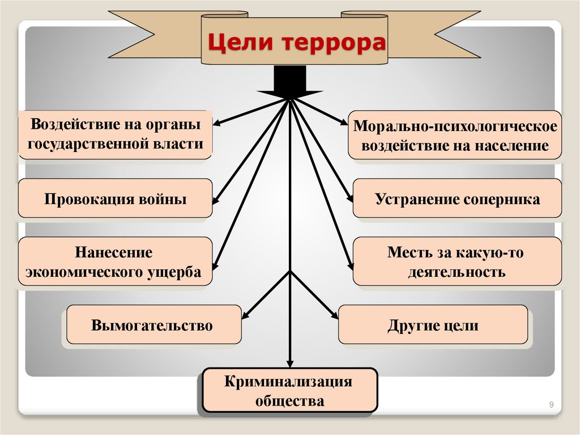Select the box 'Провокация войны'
coord(115,199)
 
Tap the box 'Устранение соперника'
coord(457,199)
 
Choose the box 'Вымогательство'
coord(153,325)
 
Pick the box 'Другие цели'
coord(433,325)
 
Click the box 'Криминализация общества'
coord(289,391)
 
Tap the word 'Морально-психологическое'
coord(456,126)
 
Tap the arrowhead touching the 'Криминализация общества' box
coord(290,364)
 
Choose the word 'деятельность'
coord(456,272)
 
